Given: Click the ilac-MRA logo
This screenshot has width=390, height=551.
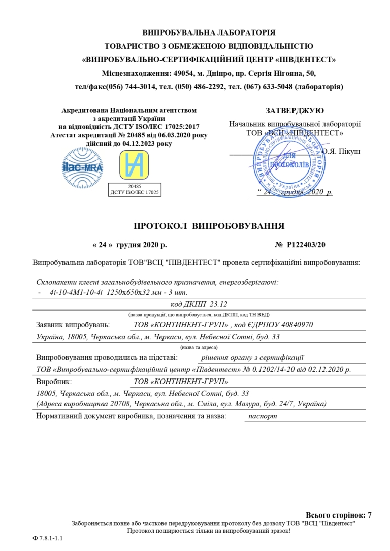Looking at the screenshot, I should pos(79,166).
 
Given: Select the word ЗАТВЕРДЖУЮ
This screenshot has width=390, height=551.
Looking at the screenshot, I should pos(295,110).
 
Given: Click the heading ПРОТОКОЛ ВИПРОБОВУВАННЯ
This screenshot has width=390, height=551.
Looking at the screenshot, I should pos(209,226).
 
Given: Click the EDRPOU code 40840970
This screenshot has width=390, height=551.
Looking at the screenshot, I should pos(295,325).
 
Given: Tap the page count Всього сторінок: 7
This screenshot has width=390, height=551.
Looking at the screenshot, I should pos(338,515).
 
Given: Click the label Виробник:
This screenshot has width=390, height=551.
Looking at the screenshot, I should pos(54,381).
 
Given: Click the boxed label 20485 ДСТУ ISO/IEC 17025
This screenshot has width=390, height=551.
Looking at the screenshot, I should pos(135,190).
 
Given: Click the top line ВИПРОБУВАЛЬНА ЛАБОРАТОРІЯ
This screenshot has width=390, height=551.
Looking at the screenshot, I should pos(209,32).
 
